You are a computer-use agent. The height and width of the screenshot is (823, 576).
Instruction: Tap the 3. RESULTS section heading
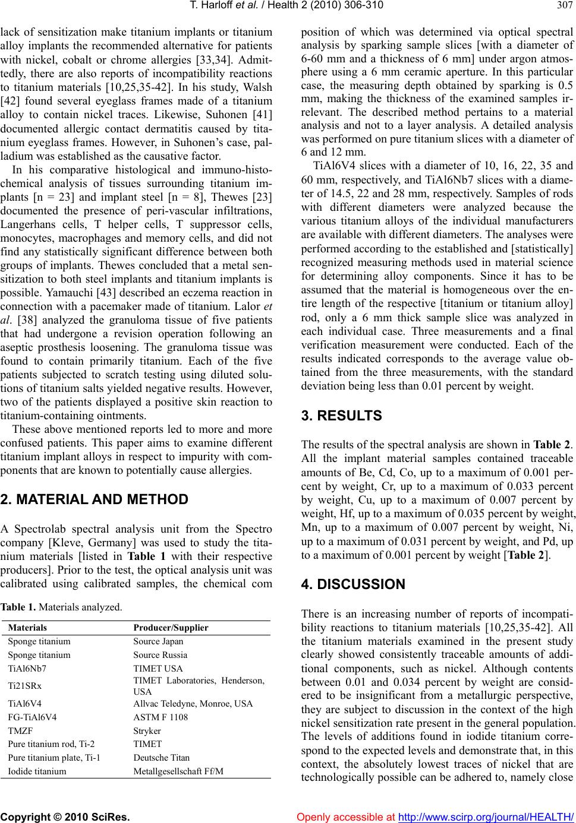(x=341, y=415)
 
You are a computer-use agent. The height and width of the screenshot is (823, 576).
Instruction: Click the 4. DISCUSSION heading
(x=352, y=584)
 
